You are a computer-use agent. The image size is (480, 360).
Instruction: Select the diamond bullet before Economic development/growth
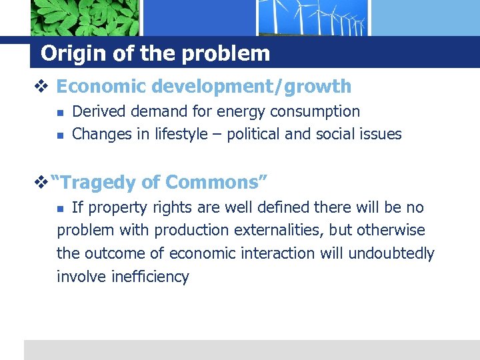point(45,87)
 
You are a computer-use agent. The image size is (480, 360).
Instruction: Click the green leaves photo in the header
point(85,17)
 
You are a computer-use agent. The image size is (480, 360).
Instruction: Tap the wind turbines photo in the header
point(313,17)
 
